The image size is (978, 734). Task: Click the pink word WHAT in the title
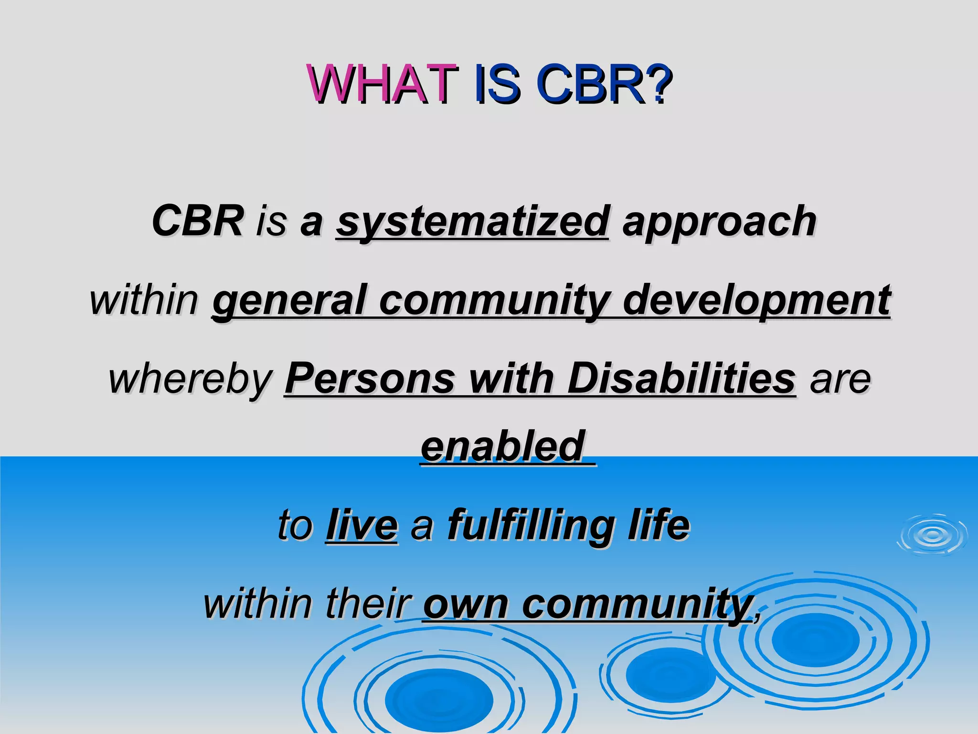(x=382, y=84)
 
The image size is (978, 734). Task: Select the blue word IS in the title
(x=497, y=84)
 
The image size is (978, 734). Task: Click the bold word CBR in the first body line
(x=198, y=221)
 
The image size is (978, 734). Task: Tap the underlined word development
(x=756, y=300)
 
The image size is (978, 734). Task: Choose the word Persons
(x=370, y=378)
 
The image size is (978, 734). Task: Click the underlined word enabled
(x=503, y=446)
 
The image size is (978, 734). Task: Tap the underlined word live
(x=361, y=526)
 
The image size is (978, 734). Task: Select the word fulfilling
(x=531, y=526)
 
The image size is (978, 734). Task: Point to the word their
(x=368, y=604)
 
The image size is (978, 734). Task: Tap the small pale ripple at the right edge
(x=932, y=535)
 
